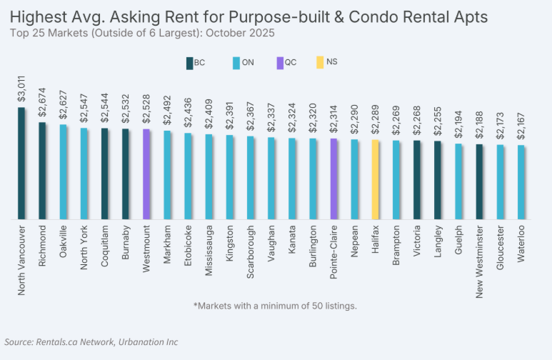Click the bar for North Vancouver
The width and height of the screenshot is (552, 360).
click(x=21, y=164)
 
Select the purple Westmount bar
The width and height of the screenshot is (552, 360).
click(x=146, y=174)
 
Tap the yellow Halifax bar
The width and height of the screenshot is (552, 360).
click(x=375, y=179)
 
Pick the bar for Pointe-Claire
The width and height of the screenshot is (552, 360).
click(x=333, y=179)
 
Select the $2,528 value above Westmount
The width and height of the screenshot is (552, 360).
click(x=146, y=114)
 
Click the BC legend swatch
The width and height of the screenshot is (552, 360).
click(x=189, y=63)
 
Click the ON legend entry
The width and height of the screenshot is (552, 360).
click(x=242, y=63)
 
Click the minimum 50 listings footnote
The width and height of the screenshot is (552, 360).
click(x=275, y=306)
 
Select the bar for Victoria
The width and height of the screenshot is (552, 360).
click(x=417, y=180)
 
